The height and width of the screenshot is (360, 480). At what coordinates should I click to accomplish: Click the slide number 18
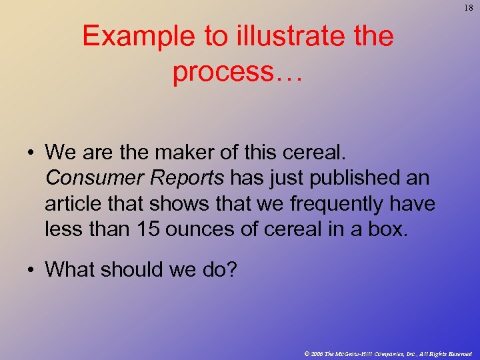[466, 7]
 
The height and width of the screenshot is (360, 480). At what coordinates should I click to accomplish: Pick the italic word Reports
[185, 178]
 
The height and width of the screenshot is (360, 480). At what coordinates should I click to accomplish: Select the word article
[70, 203]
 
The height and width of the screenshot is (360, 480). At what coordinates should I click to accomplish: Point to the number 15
[151, 229]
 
